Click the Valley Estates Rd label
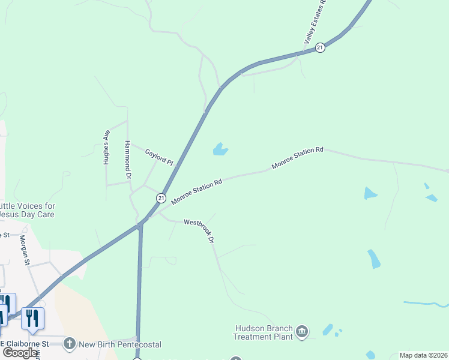(314, 22)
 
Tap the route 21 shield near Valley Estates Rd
(321, 47)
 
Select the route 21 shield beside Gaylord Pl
(161, 197)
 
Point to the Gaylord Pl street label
(159, 157)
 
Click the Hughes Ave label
(107, 147)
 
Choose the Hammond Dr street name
(127, 161)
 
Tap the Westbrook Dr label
(199, 230)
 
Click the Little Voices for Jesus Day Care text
(27, 210)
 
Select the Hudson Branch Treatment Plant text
(264, 332)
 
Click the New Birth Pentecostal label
(120, 344)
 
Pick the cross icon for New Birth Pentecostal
(70, 344)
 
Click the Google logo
(20, 352)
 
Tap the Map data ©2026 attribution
(423, 355)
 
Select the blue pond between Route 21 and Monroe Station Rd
(220, 149)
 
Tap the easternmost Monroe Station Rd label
(297, 157)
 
